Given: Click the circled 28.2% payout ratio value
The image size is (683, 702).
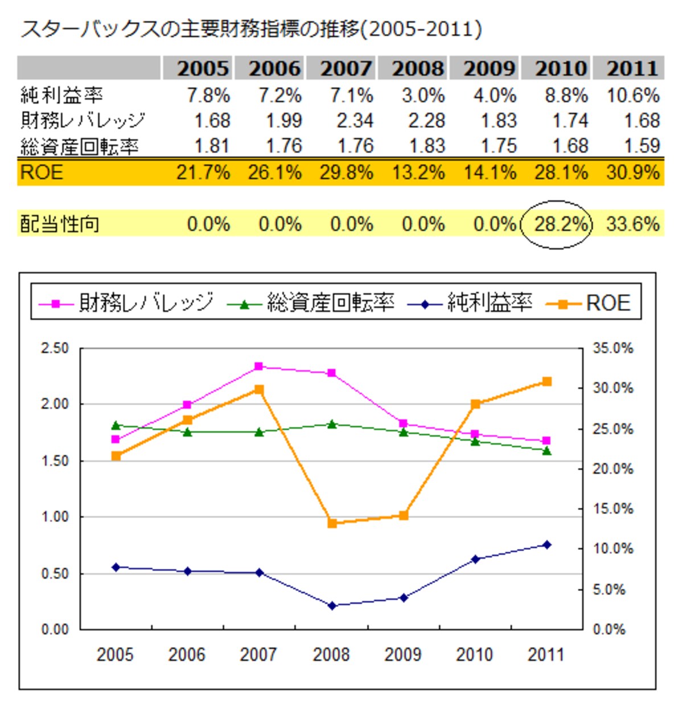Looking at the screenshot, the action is point(561,224).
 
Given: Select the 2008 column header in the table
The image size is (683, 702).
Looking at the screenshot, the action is point(418,68).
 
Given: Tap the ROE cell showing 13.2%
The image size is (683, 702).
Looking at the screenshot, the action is point(418,173).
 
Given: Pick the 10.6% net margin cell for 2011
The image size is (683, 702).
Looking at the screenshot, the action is point(633,96).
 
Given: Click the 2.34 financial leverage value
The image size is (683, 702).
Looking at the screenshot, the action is point(355,121).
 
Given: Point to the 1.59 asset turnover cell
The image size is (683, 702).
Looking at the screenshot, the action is point(642,146).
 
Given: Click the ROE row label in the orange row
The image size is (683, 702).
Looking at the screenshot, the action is point(42,173).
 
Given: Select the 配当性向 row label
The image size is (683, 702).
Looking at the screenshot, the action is point(60,224).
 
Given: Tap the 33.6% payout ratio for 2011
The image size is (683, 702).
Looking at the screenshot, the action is point(633,224).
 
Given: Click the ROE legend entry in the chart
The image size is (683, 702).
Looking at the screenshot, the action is point(589,303).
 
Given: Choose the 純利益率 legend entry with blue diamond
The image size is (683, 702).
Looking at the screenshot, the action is point(470,303).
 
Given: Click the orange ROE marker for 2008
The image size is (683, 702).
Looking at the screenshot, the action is point(332,523).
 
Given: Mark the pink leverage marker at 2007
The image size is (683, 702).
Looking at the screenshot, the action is point(258,367).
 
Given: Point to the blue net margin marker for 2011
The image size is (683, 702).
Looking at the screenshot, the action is point(547,545).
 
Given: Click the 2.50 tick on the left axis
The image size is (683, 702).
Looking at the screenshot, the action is point(55,349).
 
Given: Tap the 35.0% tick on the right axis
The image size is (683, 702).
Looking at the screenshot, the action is point(613,348).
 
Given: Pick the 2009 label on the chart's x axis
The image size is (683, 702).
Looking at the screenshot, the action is point(403,655).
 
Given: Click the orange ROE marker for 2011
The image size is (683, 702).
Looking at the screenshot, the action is point(547,381).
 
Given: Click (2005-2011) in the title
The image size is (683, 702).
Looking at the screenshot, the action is point(421,30).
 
